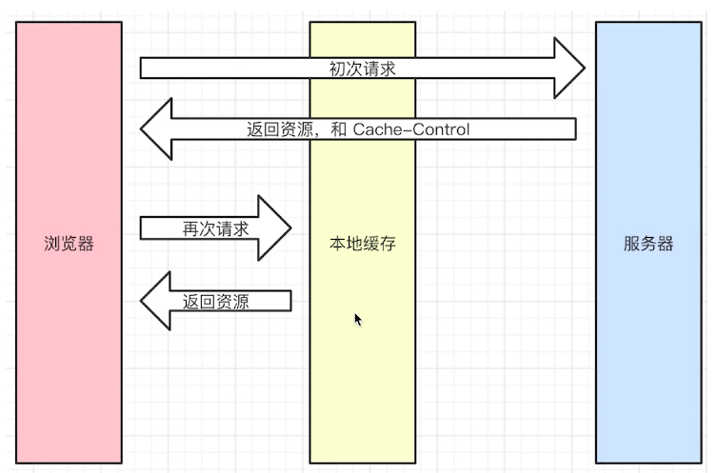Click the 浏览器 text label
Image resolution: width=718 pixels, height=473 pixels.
click(70, 244)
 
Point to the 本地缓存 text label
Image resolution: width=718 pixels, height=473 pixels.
click(362, 245)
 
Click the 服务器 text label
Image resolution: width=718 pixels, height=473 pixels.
click(648, 244)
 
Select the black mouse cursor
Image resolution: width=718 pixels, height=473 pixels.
click(358, 320)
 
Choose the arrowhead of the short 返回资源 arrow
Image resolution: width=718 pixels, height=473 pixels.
click(156, 303)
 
